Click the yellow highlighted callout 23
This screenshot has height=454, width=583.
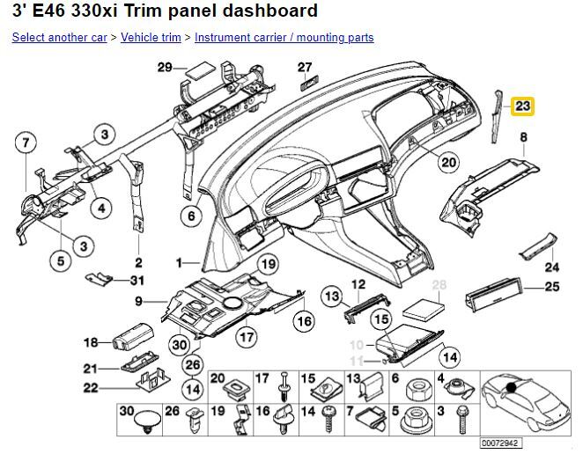522,106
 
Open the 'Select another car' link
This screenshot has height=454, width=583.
60,38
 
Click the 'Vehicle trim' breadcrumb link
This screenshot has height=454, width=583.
151,38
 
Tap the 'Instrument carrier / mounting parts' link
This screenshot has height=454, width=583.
284,38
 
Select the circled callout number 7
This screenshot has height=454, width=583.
26,143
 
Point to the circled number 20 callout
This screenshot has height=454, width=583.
449,163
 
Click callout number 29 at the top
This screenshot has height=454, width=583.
165,68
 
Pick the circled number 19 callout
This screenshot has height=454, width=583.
268,264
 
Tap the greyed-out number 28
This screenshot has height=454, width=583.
439,284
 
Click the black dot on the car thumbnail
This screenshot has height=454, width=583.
512,387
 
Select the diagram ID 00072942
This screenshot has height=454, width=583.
499,443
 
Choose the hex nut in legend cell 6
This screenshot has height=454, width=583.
417,390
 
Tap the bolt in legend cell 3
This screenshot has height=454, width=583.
462,419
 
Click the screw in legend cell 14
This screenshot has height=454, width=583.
328,419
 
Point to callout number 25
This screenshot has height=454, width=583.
552,287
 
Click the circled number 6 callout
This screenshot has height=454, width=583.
191,216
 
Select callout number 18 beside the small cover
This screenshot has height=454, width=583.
91,342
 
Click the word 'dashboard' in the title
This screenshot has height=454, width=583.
270,11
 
